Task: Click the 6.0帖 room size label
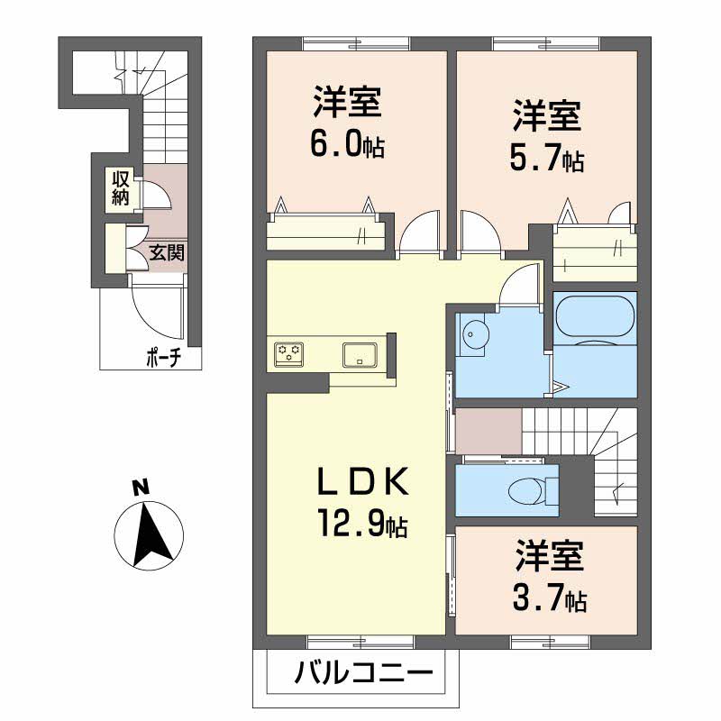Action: (348, 142)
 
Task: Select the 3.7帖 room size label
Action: (551, 597)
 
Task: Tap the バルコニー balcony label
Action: (363, 674)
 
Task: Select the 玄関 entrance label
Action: (166, 252)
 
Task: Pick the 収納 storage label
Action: (120, 188)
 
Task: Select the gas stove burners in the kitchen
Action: (290, 352)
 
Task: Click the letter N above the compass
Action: (139, 488)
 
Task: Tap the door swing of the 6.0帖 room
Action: (418, 235)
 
